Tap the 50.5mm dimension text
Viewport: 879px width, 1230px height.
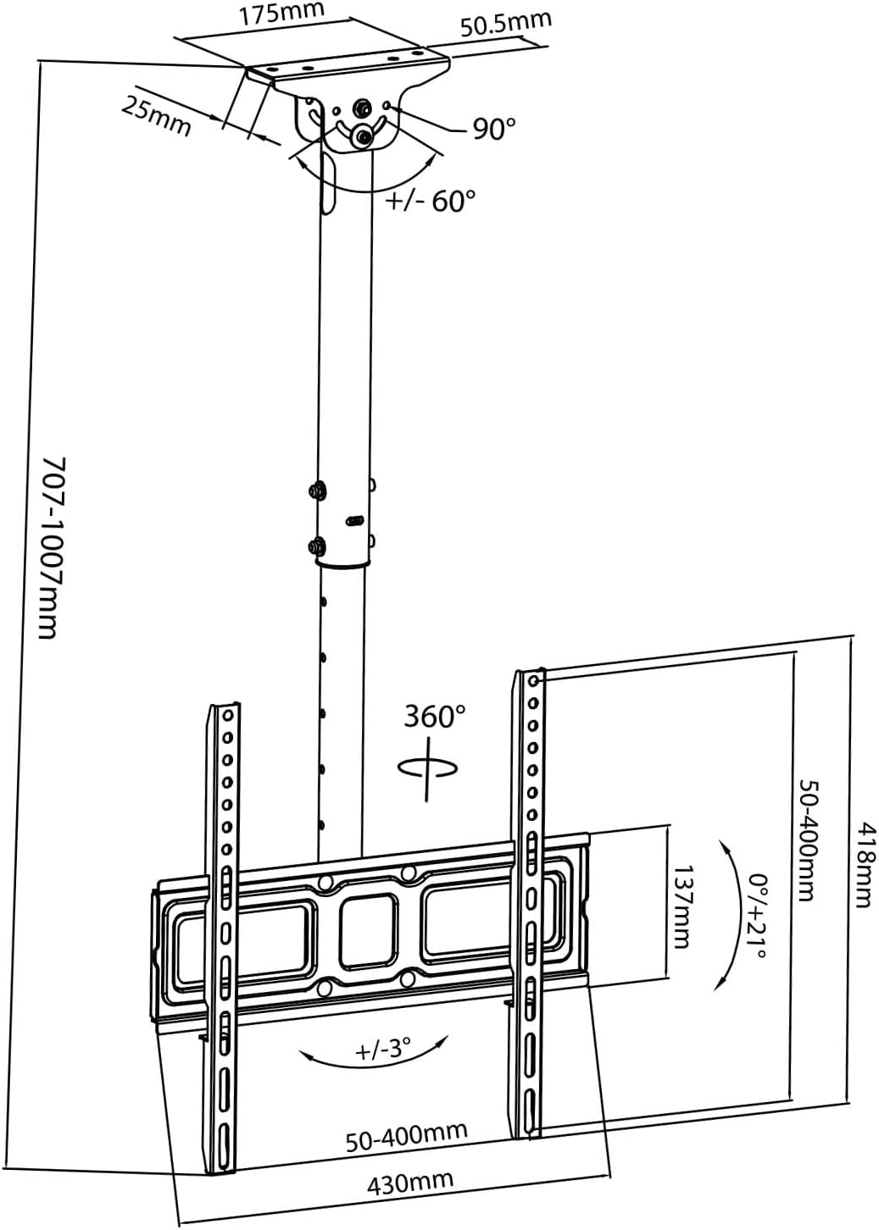pos(505,24)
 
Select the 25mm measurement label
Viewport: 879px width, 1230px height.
pos(157,116)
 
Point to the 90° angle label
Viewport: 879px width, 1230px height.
pos(494,129)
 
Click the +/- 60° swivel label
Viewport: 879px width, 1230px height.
pos(430,201)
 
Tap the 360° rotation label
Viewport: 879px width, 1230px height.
pos(435,716)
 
